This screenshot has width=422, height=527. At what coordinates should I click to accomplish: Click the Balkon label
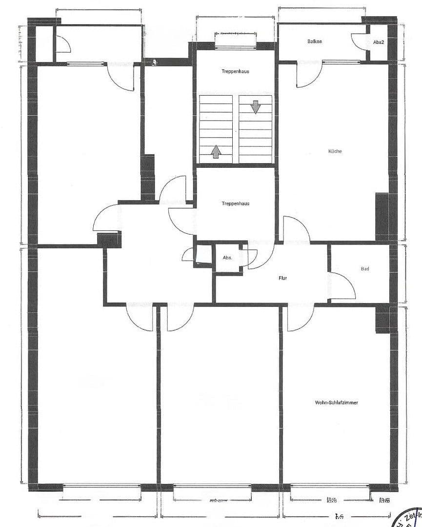pyautogui.click(x=315, y=41)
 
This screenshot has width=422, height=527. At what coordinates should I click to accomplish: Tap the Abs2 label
pyautogui.click(x=379, y=42)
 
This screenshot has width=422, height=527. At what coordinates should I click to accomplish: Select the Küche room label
pyautogui.click(x=335, y=151)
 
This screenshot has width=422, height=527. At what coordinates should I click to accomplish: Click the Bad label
pyautogui.click(x=365, y=269)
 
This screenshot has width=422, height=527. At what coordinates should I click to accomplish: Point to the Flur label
pyautogui.click(x=283, y=278)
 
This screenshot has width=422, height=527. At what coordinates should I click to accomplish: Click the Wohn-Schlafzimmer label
pyautogui.click(x=337, y=403)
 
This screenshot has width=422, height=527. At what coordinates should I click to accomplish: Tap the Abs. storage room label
pyautogui.click(x=227, y=258)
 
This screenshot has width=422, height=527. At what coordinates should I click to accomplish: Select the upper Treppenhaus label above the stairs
pyautogui.click(x=236, y=71)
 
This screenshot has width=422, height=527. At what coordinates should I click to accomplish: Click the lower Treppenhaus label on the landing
pyautogui.click(x=235, y=203)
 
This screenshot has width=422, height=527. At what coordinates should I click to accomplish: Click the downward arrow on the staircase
pyautogui.click(x=256, y=106)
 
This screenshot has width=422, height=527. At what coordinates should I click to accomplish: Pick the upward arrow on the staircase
pyautogui.click(x=216, y=151)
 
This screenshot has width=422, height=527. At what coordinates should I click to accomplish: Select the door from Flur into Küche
pyautogui.click(x=296, y=229)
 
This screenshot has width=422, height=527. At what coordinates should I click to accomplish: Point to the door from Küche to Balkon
pyautogui.click(x=308, y=75)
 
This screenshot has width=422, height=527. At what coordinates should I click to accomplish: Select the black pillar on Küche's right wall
pyautogui.click(x=382, y=217)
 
